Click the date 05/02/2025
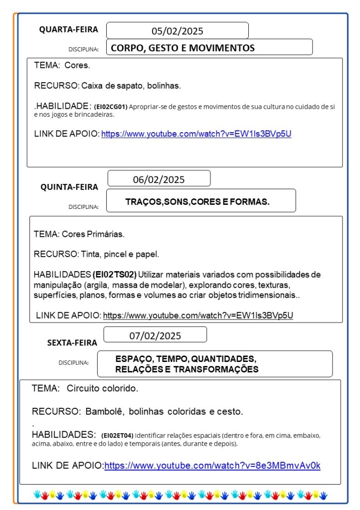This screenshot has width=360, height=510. tap(178, 31)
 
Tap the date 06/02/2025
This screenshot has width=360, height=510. tap(159, 179)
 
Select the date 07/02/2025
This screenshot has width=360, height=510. tap(155, 336)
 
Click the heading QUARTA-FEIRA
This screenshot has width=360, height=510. tap(69, 30)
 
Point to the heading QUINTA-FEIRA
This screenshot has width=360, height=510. tap(69, 187)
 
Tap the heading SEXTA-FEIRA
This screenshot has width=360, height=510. tap(72, 342)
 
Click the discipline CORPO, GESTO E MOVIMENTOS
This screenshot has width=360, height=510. tap(182, 48)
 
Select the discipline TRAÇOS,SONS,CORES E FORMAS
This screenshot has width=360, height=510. tap(197, 202)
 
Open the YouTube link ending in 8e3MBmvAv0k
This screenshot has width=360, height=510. tap(212, 466)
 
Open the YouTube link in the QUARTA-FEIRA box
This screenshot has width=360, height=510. tap(196, 134)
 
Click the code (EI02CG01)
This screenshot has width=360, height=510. tap(111, 107)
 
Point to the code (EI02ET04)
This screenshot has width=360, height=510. tap(117, 435)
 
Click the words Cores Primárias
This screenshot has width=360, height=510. tap(93, 234)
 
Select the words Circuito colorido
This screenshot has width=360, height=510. tap(102, 388)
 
